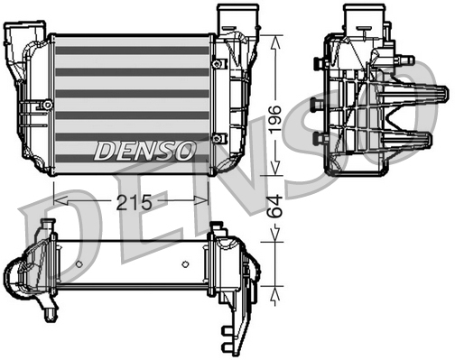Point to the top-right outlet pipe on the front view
230,16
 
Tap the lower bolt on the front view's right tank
217,137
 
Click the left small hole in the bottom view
79,264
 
